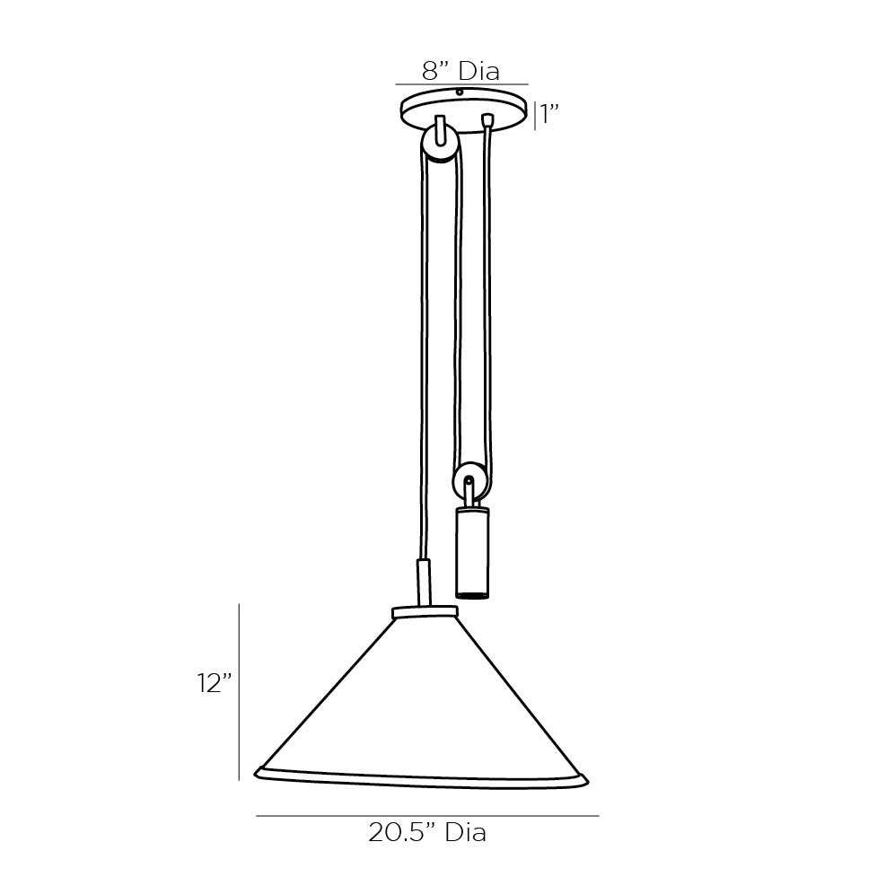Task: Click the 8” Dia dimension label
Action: pyautogui.click(x=460, y=72)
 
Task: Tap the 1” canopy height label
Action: pyautogui.click(x=549, y=115)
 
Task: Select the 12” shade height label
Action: pyautogui.click(x=215, y=683)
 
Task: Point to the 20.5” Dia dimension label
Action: pyautogui.click(x=427, y=832)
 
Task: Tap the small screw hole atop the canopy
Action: pyautogui.click(x=460, y=92)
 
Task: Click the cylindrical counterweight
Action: pyautogui.click(x=473, y=553)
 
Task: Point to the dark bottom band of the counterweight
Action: pyautogui.click(x=473, y=592)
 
